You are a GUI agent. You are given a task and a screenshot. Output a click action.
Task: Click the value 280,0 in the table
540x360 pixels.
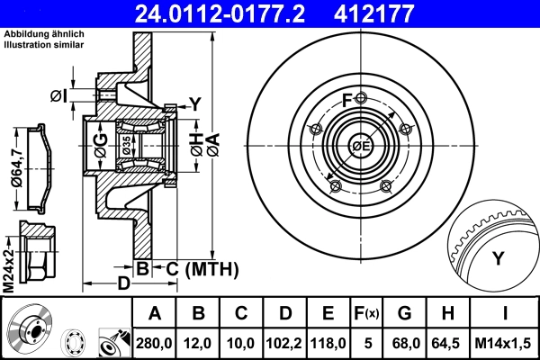[x=155, y=343]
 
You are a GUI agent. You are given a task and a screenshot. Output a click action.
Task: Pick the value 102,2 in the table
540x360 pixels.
[x=285, y=343]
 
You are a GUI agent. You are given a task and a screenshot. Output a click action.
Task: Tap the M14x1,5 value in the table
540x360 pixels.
[x=505, y=343]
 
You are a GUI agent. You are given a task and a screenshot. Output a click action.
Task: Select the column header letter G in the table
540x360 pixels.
[x=404, y=314]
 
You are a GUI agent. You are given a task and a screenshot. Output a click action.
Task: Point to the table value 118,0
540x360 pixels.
[x=328, y=343]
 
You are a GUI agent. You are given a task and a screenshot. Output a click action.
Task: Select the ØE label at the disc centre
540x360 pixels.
[x=361, y=146]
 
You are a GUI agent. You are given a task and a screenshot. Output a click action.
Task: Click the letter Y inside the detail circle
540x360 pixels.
[x=498, y=259]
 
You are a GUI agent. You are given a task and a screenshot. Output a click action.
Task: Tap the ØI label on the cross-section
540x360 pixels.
[x=57, y=95]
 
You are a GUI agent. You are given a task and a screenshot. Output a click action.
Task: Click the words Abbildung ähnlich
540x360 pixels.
[x=43, y=34]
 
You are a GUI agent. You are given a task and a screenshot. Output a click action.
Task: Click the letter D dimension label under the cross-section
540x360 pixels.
[x=124, y=282]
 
